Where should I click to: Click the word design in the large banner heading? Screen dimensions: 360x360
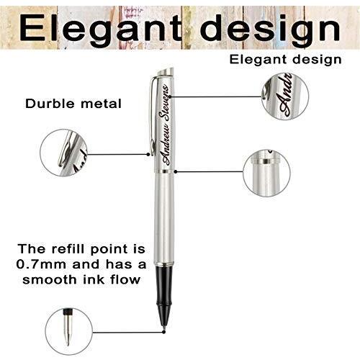point(271,29)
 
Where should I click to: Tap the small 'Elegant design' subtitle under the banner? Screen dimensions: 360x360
point(285,60)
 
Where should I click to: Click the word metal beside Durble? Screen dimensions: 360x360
point(101,104)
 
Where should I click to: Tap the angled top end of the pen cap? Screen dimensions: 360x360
point(165,71)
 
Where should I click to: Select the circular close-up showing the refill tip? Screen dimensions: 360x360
point(68,331)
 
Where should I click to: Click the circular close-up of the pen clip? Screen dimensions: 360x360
point(64,153)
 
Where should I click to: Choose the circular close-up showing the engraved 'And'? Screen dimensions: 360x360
point(285,96)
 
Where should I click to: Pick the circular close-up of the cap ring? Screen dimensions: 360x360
point(266,173)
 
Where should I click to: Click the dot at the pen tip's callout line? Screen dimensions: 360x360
point(163,332)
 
